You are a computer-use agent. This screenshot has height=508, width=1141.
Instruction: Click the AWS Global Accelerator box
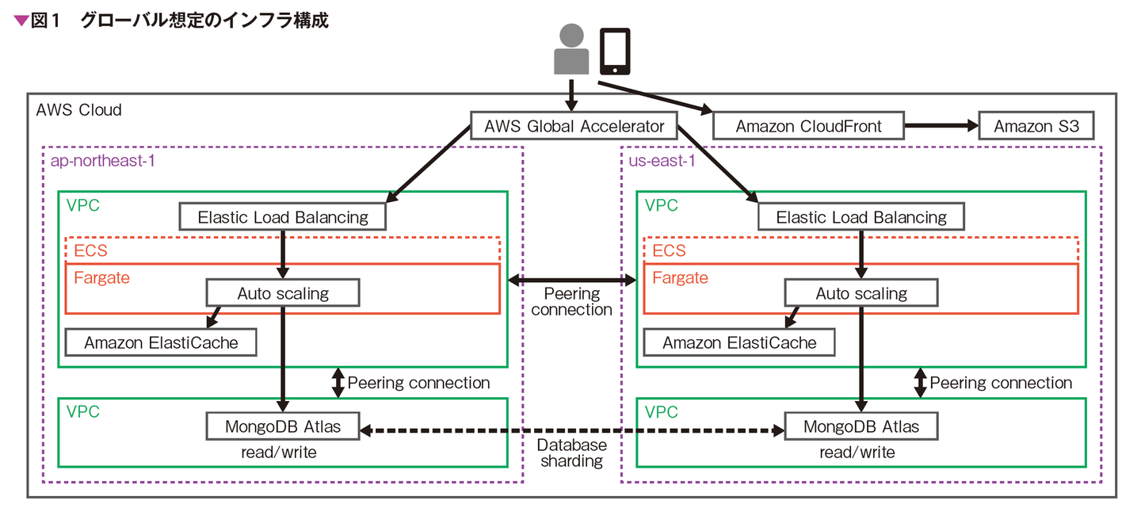[574, 127]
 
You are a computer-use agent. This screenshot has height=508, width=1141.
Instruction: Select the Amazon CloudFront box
[808, 127]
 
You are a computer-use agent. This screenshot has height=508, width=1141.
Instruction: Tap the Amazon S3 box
[1036, 127]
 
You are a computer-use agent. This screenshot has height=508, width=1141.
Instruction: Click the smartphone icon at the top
[615, 51]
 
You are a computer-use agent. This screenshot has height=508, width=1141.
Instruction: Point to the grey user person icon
[571, 50]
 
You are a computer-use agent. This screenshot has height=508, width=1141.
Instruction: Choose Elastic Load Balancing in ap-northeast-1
[283, 217]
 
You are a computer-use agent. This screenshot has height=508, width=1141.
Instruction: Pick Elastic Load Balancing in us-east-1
[861, 217]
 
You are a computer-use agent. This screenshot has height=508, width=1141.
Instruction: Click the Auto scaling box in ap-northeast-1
[283, 293]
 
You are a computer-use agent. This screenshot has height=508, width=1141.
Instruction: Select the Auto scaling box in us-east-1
[861, 293]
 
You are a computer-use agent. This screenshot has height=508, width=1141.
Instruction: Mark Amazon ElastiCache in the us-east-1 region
[739, 342]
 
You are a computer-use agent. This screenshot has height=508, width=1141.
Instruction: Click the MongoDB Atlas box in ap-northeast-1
[283, 426]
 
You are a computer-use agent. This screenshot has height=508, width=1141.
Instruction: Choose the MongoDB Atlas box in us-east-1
[861, 426]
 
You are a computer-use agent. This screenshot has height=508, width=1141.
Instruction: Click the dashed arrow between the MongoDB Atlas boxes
[571, 431]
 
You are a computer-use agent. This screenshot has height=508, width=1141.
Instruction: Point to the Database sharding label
[571, 453]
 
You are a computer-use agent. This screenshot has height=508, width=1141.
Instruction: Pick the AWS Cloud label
[79, 110]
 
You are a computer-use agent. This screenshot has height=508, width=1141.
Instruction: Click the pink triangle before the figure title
[21, 21]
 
